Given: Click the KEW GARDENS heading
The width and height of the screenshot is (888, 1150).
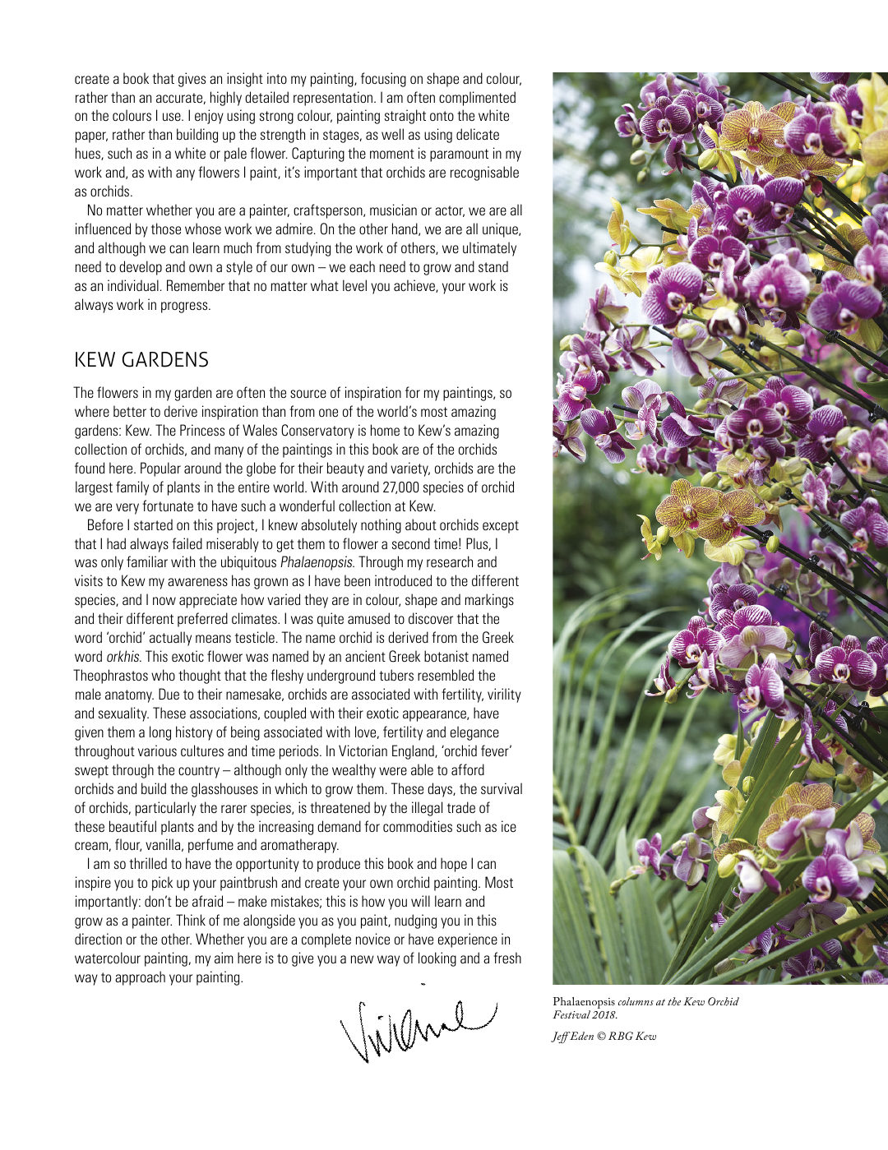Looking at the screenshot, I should [141, 360].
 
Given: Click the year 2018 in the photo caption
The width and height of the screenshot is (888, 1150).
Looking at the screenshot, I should [604, 1014].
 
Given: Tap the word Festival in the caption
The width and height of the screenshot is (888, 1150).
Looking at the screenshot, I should [569, 1014].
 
